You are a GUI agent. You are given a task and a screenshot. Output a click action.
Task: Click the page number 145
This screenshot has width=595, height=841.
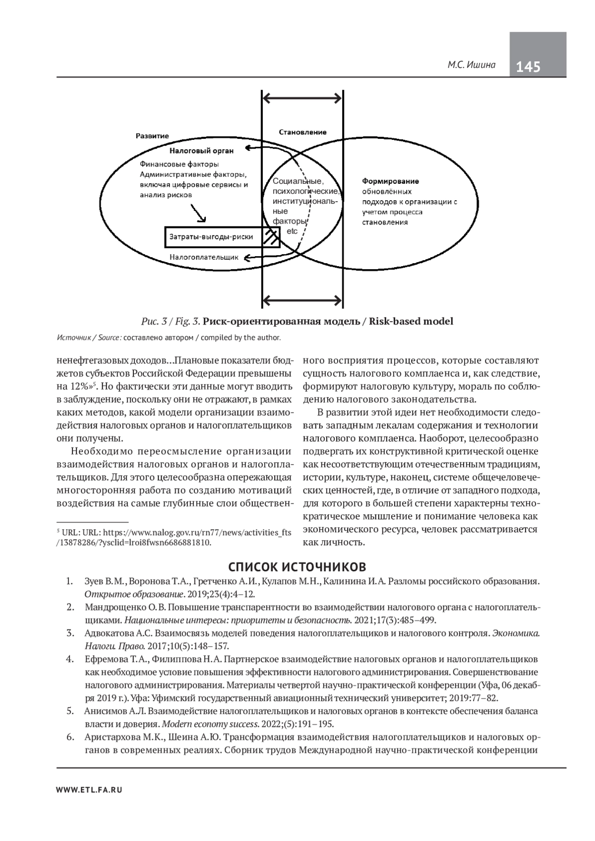coord(529,66)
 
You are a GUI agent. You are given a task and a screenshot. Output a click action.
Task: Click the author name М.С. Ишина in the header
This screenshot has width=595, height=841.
coord(472,65)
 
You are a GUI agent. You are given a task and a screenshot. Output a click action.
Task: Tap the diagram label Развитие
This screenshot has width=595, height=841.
coord(152,136)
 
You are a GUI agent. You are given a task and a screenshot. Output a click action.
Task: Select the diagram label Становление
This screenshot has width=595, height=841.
coord(302,132)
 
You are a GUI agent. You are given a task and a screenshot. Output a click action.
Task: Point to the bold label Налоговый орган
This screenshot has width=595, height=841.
coord(201,150)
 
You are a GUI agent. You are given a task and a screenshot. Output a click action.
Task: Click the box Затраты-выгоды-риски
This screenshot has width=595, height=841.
coord(211,237)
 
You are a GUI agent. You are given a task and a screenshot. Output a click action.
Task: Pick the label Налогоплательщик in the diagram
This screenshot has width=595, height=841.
coord(204,257)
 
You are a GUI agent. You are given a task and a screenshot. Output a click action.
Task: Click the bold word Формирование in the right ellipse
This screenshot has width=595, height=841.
coord(390,181)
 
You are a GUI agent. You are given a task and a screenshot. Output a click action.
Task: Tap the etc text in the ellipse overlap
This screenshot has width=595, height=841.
coord(292,231)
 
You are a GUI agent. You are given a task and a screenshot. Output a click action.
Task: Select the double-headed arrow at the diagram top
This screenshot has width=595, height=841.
coord(302,97)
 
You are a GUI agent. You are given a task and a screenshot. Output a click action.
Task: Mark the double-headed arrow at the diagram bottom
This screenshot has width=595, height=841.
coord(302,299)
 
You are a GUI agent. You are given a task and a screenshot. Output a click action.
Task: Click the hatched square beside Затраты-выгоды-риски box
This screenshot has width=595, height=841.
coord(271,237)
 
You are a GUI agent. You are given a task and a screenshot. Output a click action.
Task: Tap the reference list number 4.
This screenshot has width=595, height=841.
coord(70,659)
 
